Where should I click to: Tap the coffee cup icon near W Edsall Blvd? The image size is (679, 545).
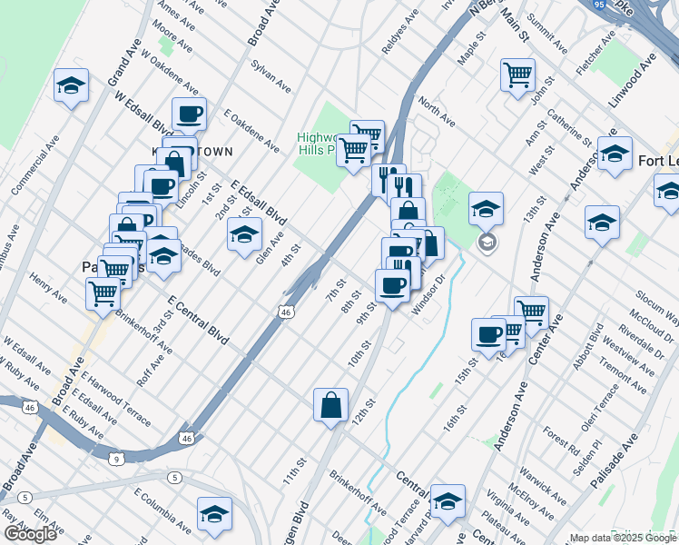189,114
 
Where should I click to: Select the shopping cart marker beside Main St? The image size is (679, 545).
517,74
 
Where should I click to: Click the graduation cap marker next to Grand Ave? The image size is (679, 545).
71,86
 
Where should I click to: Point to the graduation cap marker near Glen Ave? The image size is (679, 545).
243,234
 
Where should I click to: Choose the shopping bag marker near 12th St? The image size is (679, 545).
330,404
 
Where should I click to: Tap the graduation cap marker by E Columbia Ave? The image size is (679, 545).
214,514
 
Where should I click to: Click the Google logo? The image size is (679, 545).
31,533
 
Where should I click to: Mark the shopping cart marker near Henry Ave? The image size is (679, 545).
103,292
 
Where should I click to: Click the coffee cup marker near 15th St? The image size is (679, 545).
488,334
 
